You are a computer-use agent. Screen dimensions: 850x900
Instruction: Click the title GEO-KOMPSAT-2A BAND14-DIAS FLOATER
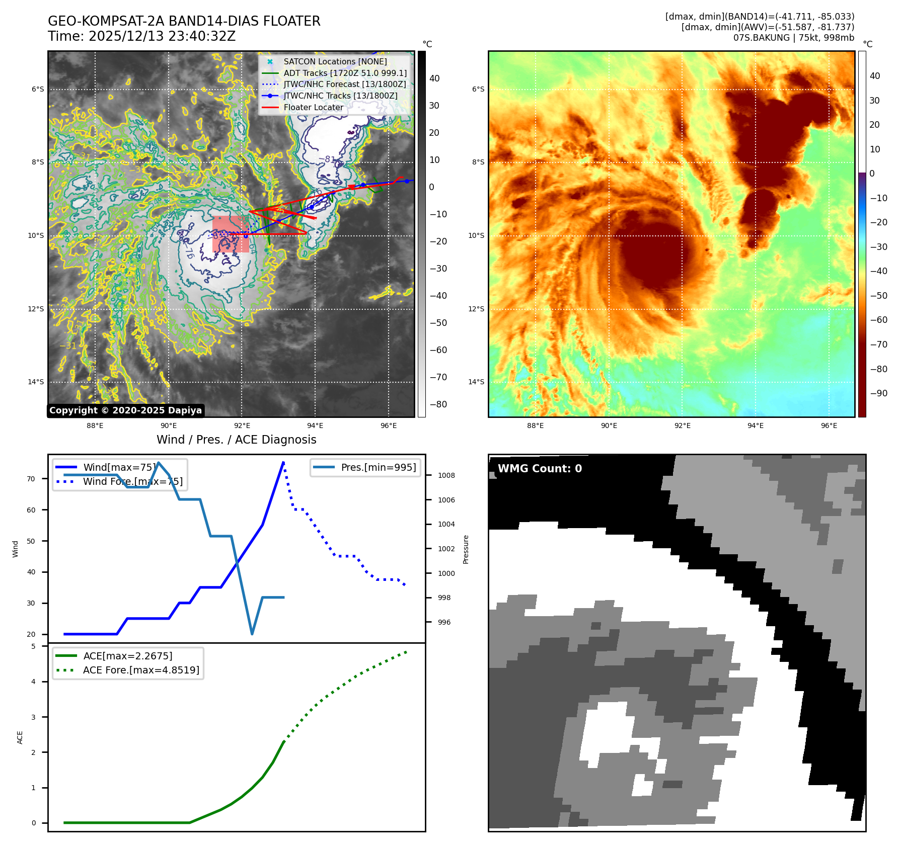point(184,21)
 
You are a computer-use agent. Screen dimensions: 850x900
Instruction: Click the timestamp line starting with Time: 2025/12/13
point(141,36)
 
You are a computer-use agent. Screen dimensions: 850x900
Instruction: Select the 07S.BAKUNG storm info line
point(793,38)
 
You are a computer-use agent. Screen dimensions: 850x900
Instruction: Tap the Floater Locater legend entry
point(313,107)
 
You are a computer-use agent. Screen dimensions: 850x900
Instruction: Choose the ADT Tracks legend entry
point(345,73)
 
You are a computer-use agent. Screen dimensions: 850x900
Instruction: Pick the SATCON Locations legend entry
point(335,61)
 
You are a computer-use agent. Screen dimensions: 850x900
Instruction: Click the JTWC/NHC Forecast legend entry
point(344,84)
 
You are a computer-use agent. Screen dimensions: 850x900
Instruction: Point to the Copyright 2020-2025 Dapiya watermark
point(125,410)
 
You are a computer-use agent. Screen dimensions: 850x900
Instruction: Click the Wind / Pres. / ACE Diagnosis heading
point(236,440)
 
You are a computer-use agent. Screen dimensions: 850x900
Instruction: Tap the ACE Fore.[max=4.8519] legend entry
point(141,670)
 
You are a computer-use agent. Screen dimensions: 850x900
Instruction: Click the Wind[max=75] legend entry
point(119,467)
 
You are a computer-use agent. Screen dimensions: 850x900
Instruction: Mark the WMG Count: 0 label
point(540,468)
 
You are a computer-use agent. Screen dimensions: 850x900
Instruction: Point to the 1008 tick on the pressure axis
point(446,475)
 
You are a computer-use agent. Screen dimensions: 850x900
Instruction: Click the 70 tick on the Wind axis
point(31,479)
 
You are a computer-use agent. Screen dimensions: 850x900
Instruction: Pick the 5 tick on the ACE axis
point(34,646)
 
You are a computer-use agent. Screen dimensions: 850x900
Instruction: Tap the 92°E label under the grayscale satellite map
point(242,426)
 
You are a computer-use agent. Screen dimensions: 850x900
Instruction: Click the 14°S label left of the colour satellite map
point(476,382)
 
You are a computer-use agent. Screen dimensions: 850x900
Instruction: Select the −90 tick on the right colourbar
point(878,393)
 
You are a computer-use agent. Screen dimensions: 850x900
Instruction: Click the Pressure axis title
point(466,549)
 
